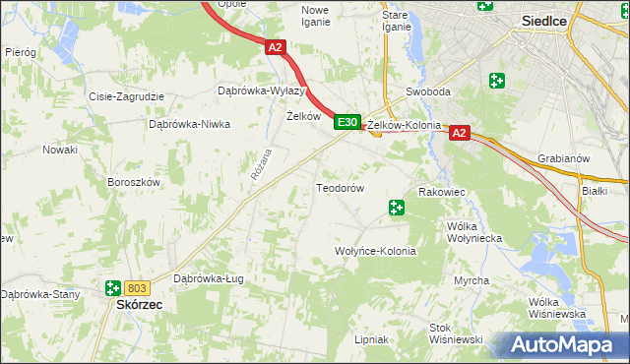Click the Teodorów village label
coord(341,188)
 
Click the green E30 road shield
coord(346,122)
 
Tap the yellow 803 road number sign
coord(138,288)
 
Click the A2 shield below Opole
coord(275,46)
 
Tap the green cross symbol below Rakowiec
coord(396,208)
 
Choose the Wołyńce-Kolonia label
coord(376,251)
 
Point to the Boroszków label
coord(133,182)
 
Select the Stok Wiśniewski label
coord(455,333)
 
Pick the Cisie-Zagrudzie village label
coord(127,97)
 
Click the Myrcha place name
coord(472,280)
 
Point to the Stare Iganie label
coord(396,21)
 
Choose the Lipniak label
coord(371,339)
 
